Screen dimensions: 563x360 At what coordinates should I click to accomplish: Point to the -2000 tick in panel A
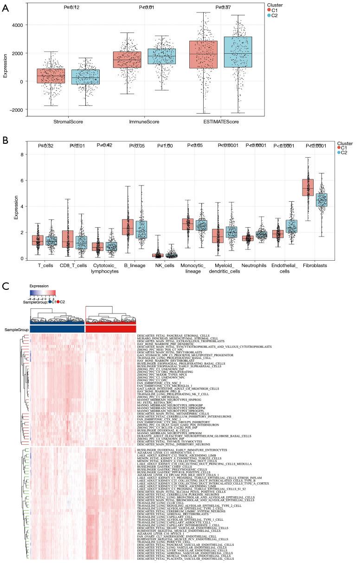pos(19,109)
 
